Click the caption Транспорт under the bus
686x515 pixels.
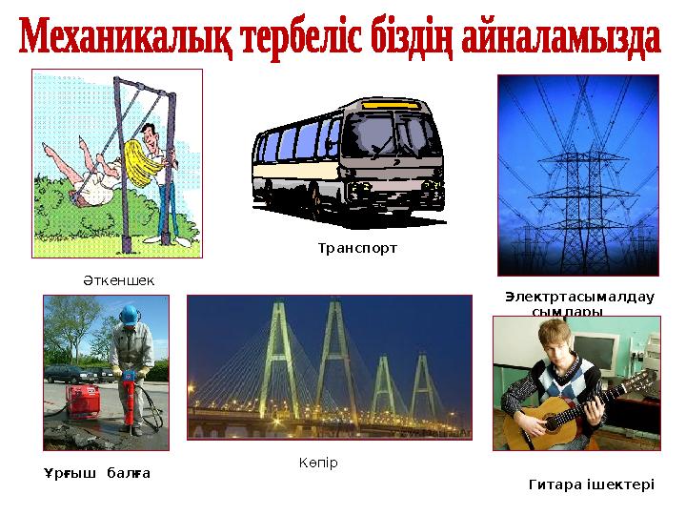[x=356, y=248]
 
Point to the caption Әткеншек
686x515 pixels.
[x=117, y=280]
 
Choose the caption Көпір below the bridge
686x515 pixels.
[x=318, y=463]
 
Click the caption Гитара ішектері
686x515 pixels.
[x=591, y=484]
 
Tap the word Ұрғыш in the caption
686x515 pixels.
[x=69, y=473]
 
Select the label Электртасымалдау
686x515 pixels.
[x=579, y=297]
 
